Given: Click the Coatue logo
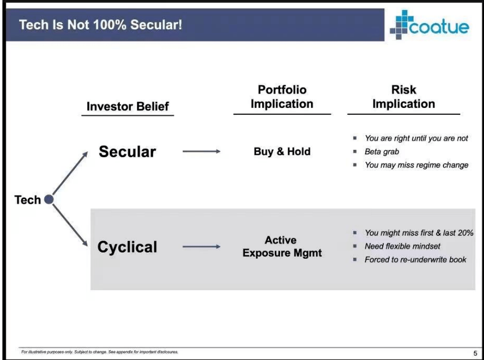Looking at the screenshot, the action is point(430,25).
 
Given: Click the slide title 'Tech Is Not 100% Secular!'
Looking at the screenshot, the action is point(101,25).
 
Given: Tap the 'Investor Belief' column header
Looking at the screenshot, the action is point(128,107).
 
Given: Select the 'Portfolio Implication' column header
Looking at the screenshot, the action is point(282,96).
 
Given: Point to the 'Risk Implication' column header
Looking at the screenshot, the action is point(404,96).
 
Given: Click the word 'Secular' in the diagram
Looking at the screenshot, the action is point(127,151).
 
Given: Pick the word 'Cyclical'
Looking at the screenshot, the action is point(127,247).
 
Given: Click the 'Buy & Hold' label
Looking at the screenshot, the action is point(282,151).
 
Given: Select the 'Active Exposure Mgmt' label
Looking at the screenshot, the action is point(282,246).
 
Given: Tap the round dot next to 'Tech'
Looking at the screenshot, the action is point(49,200).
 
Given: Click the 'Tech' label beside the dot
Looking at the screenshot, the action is point(27,200).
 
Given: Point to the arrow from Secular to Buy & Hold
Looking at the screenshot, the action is point(202,151).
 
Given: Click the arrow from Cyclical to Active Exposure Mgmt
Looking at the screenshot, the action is point(202,246).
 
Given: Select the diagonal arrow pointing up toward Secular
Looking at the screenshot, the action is point(70,173).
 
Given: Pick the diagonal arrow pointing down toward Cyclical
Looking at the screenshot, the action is point(70,226).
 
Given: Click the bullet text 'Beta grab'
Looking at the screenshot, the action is point(382,151).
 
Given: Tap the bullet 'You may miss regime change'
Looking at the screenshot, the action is point(417,165).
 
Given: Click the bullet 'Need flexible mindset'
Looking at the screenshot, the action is point(403,246).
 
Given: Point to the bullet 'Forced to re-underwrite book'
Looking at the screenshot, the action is point(416,260).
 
